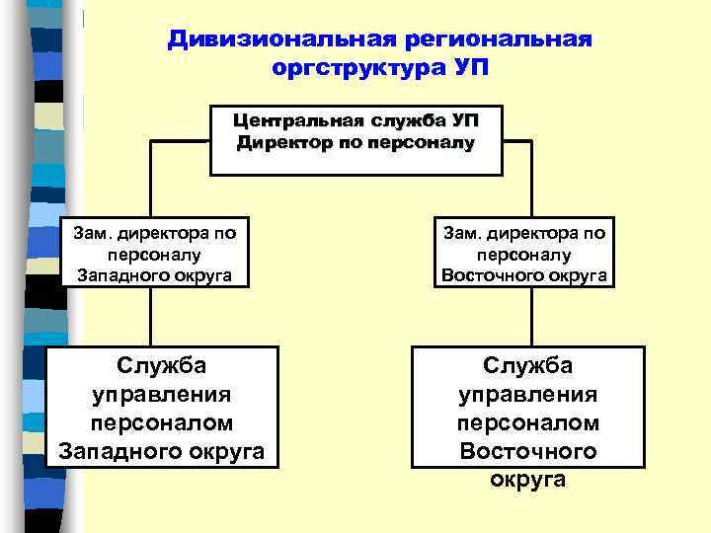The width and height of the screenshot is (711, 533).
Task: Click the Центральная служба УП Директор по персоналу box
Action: coord(357,138)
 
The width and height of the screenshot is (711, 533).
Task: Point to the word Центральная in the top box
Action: coord(298,121)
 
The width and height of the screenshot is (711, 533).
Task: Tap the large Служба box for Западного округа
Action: coord(162,408)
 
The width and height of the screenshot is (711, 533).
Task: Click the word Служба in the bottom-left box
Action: coord(162,366)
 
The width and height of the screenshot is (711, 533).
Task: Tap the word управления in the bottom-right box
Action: coord(528,395)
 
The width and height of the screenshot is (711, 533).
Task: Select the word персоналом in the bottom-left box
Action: coord(162,422)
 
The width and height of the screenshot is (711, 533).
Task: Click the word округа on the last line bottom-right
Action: coord(528,480)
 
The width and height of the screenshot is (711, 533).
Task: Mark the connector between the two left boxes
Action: coord(150,317)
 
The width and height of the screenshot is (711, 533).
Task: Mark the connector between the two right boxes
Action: coord(531,317)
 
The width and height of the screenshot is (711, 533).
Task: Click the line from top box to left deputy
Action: coord(150,178)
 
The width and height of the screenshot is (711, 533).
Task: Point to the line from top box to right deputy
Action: coord(531,178)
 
